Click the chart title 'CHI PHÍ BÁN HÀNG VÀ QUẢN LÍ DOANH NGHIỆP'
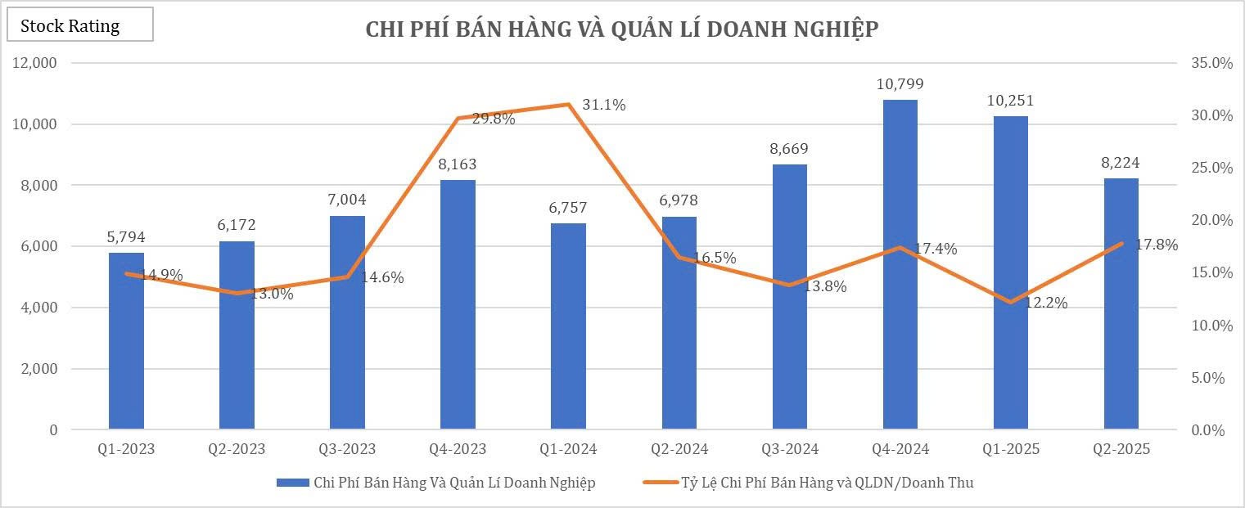(621, 29)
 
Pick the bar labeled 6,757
(568, 326)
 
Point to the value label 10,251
(1010, 101)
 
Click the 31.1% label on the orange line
(603, 105)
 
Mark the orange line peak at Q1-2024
(567, 104)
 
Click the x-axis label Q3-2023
(347, 449)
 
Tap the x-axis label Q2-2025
(1121, 449)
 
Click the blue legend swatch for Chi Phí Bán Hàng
(291, 483)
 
